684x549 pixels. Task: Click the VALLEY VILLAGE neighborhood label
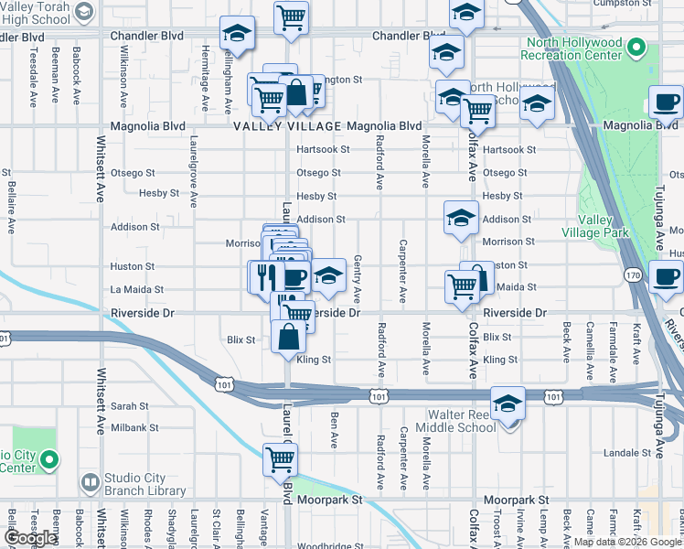[286, 126]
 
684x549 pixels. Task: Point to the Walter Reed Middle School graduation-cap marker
[508, 404]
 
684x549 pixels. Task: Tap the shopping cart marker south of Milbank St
[281, 459]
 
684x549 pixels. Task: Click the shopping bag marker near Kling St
[288, 336]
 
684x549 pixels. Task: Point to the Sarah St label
[130, 405]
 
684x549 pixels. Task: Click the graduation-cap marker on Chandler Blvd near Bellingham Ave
[237, 34]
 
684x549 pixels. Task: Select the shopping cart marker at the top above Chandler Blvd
[291, 16]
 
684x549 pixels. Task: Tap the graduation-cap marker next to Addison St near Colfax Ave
[461, 217]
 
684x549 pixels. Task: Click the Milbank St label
[135, 427]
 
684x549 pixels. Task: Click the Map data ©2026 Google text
[627, 542]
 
